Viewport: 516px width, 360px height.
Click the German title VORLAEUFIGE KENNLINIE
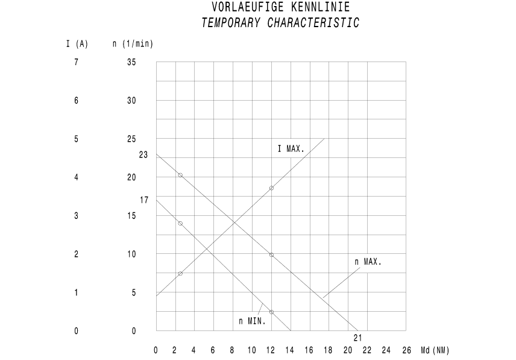coord(280,8)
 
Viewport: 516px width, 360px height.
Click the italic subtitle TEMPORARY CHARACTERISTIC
coord(280,24)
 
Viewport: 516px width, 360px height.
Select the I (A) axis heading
coord(77,43)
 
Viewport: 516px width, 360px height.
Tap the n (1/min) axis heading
coord(133,43)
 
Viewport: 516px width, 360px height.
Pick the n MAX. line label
coord(368,262)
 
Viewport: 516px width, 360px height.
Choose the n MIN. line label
coord(253,321)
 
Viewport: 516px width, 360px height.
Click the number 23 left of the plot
coord(143,155)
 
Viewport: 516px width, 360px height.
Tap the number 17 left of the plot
coord(144,200)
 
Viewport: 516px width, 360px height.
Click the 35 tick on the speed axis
coord(132,62)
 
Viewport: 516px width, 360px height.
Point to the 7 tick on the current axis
coord(77,62)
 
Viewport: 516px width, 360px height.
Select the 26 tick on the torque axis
coord(405,350)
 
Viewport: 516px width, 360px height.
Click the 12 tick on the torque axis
coord(271,350)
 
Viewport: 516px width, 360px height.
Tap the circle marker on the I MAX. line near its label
coord(271,188)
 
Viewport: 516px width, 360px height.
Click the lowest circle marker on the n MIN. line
coord(271,312)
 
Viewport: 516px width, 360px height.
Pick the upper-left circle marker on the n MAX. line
coord(180,175)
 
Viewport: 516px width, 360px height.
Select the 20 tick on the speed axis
coord(132,177)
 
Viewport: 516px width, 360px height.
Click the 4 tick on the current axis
coord(77,177)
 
